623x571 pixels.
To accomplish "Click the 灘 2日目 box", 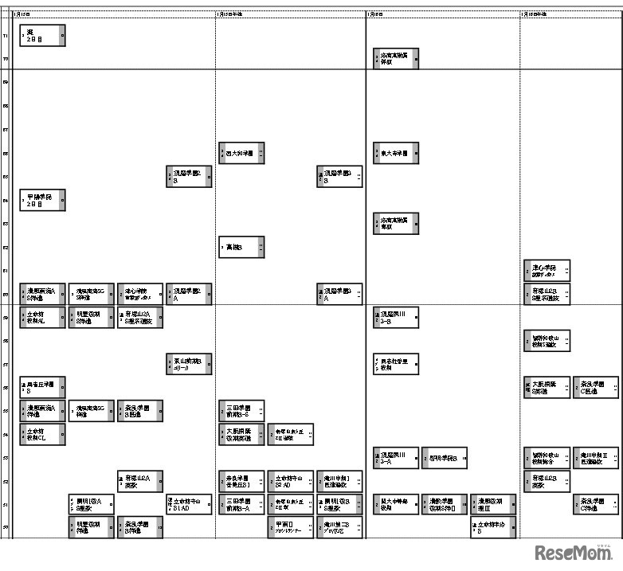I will click(x=42, y=35).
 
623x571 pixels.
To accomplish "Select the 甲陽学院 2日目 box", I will click(x=42, y=200).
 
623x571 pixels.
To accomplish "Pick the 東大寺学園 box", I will click(x=395, y=153).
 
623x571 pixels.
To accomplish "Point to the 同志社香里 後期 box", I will click(x=395, y=365).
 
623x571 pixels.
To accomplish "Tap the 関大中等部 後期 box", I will click(x=395, y=504).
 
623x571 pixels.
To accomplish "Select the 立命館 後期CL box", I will click(x=42, y=434).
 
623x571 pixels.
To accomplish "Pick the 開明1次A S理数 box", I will click(x=91, y=504).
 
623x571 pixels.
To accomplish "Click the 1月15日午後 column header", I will click(x=231, y=14).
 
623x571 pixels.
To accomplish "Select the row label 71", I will click(x=6, y=36).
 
